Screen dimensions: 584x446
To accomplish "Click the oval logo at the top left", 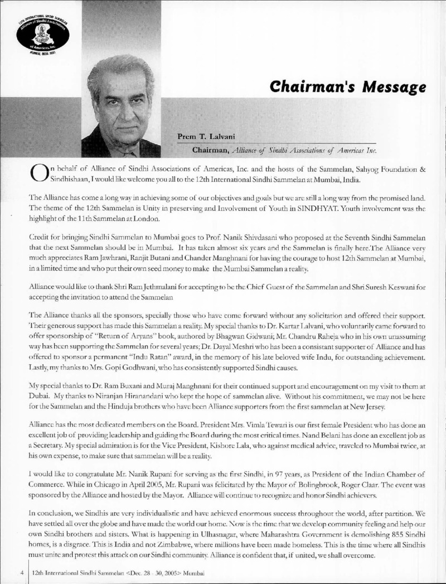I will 43,33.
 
